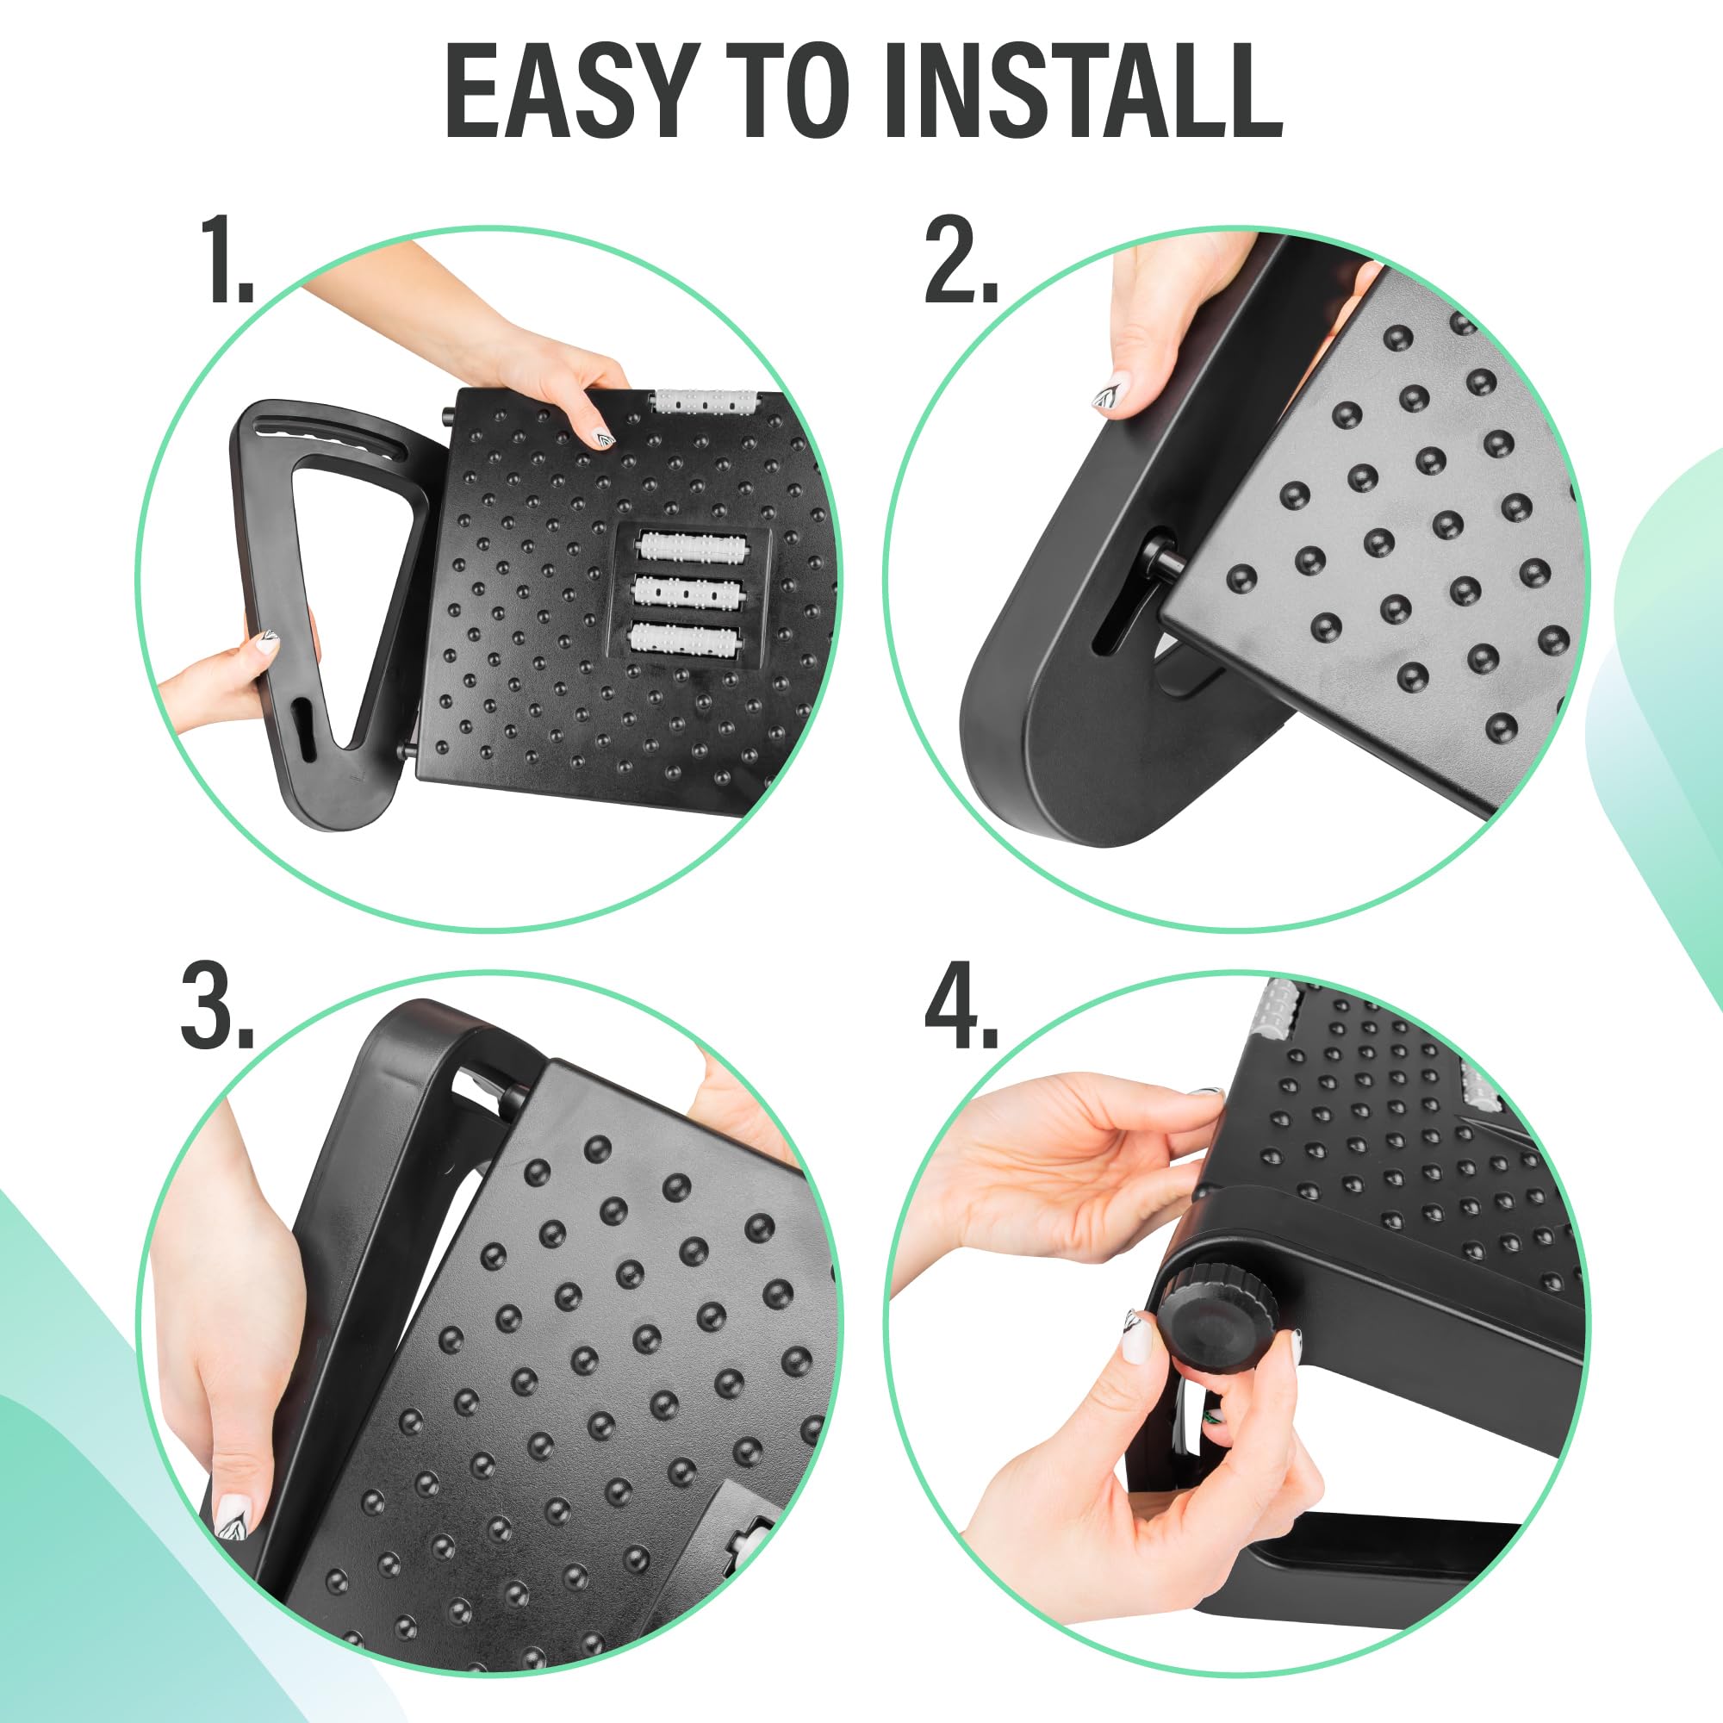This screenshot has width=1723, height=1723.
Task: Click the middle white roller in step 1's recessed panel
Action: click(x=686, y=591)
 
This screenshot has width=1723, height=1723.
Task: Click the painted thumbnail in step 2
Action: click(x=1110, y=395)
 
